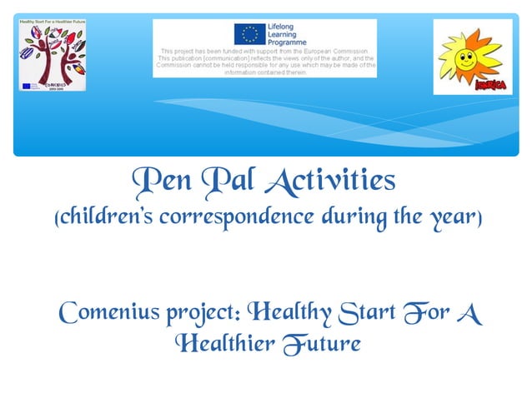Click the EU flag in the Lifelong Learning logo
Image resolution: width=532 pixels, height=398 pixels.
coord(249,33)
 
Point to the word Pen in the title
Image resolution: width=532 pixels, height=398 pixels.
coord(158,181)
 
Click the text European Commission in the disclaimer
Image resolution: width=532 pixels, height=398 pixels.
coord(342,51)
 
